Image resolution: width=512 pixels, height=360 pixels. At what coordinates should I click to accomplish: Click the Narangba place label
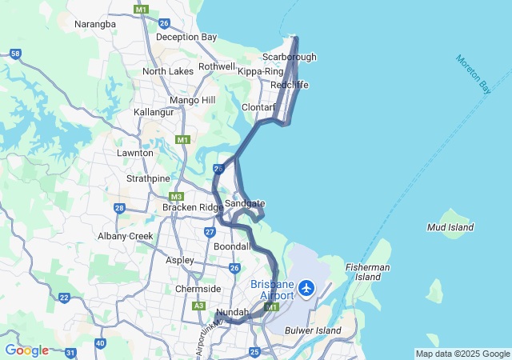coord(95,24)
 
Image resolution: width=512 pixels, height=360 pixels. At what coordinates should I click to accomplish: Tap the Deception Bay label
coord(186,37)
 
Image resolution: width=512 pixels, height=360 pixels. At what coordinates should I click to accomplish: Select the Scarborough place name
coord(290,57)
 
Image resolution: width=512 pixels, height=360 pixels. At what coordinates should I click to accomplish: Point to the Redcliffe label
coord(290,85)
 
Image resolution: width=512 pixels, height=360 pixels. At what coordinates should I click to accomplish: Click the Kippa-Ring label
coord(261,71)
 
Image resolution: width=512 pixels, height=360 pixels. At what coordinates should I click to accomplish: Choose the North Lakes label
coord(168,71)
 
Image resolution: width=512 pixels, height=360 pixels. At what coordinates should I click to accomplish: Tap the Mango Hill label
coord(193,100)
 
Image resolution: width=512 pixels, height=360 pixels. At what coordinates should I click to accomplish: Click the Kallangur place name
coord(154,112)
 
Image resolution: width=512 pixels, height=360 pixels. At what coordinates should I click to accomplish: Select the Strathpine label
coord(147,178)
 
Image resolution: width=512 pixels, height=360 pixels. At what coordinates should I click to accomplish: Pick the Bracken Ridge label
coord(194,207)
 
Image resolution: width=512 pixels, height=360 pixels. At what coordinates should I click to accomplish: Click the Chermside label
coord(198,289)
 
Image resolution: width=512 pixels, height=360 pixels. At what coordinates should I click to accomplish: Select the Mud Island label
coord(450,227)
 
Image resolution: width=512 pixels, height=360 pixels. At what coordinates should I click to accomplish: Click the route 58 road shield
coord(16,54)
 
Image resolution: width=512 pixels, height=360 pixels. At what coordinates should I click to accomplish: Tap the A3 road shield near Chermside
coord(198,305)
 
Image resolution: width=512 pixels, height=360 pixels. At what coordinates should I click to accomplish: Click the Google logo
coord(26,350)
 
